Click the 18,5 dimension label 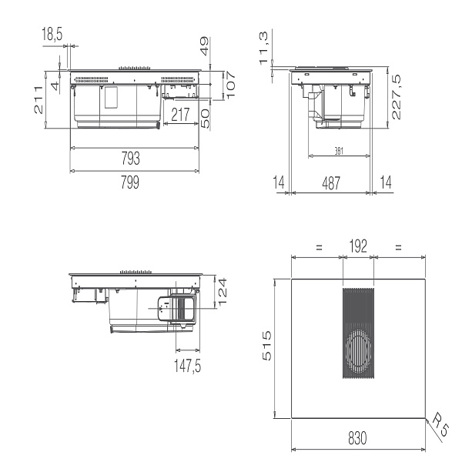(x=52, y=34)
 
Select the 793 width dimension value (x=131, y=158)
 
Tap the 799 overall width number (x=130, y=182)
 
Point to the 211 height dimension (x=38, y=99)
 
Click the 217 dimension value (x=180, y=115)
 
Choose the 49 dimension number (x=205, y=46)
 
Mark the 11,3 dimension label (x=263, y=48)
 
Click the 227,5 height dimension (x=397, y=97)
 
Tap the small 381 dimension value (x=339, y=151)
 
